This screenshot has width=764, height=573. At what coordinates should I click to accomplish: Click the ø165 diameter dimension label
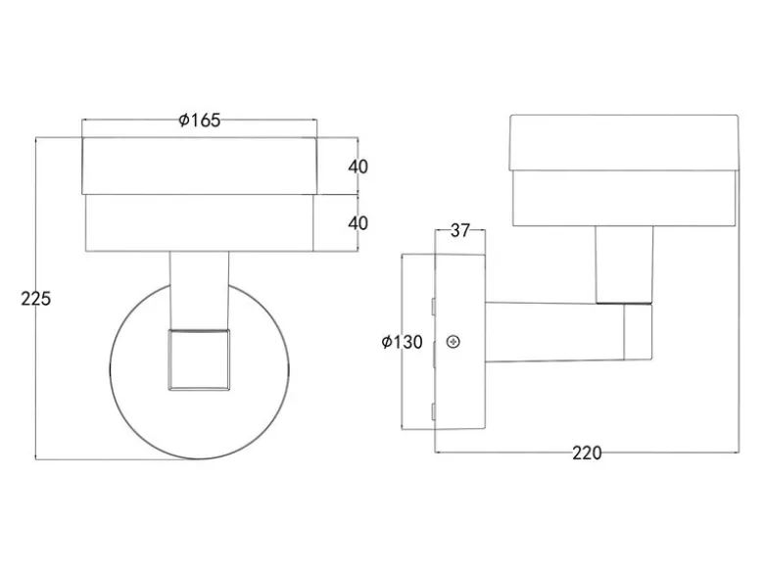[200, 119]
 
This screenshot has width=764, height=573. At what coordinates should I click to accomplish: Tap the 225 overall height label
[35, 299]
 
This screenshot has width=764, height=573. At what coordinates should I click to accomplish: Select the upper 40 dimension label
[358, 167]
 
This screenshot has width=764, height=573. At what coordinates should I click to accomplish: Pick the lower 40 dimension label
[358, 223]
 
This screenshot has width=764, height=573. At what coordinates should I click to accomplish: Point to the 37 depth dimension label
[459, 230]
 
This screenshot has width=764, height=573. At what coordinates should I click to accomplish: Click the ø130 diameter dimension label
[402, 342]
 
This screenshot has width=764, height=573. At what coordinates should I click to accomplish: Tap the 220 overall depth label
[587, 454]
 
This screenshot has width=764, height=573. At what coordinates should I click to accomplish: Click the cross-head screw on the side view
[454, 342]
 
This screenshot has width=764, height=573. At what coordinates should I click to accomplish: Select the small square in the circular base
[199, 360]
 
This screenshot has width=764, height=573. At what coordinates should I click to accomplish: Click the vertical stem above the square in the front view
[199, 290]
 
